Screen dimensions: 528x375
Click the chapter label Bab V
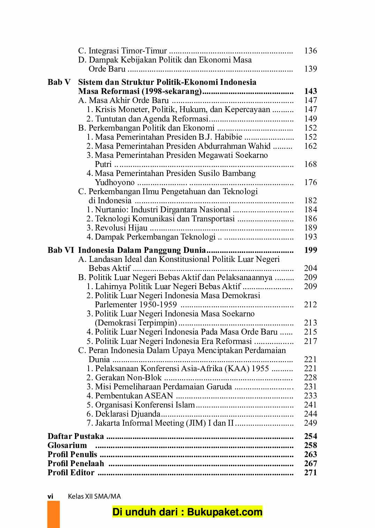click(x=59, y=82)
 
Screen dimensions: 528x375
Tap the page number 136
click(x=310, y=51)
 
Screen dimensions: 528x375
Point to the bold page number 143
click(x=310, y=91)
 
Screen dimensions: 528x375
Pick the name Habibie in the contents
click(x=228, y=137)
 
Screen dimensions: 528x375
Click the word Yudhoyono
click(x=115, y=183)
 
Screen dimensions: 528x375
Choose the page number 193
click(x=310, y=237)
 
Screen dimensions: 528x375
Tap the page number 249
click(x=310, y=423)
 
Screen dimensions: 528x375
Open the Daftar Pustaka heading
click(x=76, y=437)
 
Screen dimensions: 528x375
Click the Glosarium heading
click(x=67, y=446)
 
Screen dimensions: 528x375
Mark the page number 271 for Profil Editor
click(x=310, y=473)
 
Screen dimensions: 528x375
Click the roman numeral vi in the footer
click(x=50, y=496)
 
